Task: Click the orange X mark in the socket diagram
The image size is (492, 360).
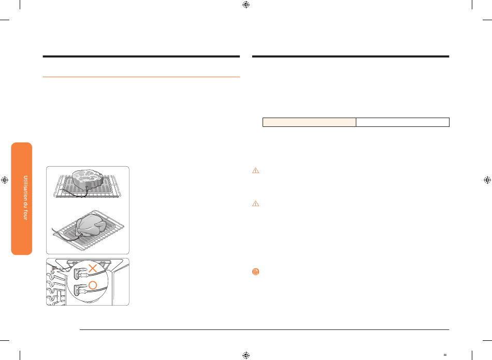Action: tap(93, 268)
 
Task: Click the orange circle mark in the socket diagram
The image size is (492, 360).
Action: tap(93, 285)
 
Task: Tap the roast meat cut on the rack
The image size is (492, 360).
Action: tap(88, 179)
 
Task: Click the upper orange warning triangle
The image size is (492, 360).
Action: tap(256, 170)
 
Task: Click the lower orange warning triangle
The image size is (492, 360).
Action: tap(256, 204)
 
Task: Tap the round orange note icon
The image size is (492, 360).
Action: tap(256, 272)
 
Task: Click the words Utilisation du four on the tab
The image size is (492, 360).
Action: tap(25, 198)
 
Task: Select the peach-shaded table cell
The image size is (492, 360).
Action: tap(309, 122)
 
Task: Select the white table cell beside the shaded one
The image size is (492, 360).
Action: tap(402, 122)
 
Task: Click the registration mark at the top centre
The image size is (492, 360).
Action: tap(246, 5)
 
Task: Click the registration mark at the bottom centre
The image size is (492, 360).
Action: tap(246, 355)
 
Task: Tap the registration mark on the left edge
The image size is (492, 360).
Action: tap(5, 180)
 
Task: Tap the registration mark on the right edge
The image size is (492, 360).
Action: tap(487, 180)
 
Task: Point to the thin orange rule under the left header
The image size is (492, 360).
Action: tap(141, 77)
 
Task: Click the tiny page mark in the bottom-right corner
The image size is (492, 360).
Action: tap(445, 355)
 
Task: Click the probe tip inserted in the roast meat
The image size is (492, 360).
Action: tap(87, 188)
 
